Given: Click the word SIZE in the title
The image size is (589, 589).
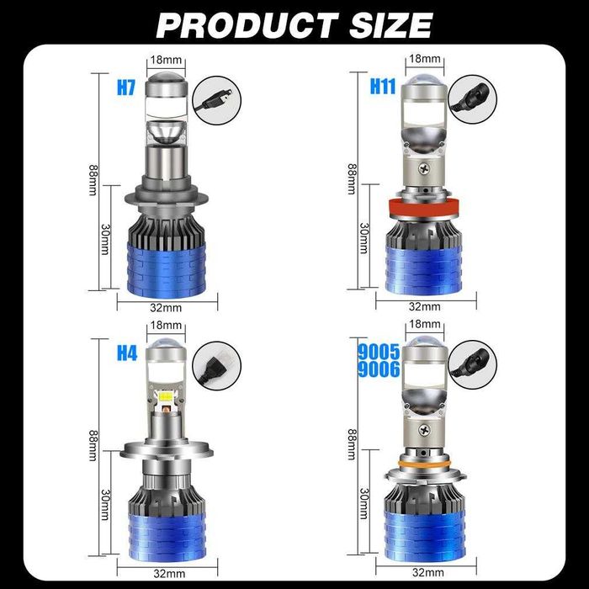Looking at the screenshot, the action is click(391, 25).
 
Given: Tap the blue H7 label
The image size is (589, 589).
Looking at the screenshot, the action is click(126, 88).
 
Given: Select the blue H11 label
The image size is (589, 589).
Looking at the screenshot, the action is click(383, 86).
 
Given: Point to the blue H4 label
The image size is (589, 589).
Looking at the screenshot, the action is click(127, 353).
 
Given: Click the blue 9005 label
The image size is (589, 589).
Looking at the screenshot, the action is click(379, 353).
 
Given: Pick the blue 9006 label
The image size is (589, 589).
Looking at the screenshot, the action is click(379, 369).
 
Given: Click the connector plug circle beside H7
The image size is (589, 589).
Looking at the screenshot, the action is click(216, 100).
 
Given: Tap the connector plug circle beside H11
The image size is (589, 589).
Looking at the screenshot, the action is click(473, 99).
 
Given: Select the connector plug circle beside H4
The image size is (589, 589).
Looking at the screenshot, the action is click(216, 365).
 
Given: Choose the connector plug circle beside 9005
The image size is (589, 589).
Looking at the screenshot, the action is click(473, 364).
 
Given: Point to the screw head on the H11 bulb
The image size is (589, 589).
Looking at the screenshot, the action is click(424, 168).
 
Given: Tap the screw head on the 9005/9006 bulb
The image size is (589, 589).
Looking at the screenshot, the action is click(424, 430).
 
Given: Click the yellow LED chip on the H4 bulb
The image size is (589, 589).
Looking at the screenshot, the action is click(165, 396).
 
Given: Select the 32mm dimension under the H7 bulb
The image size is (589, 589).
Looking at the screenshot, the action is click(166, 308).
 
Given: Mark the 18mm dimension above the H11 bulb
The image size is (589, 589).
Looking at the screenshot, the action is click(424, 59).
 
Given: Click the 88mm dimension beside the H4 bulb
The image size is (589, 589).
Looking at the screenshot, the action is click(93, 445).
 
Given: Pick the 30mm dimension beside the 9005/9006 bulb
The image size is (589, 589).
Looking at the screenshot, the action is click(363, 503).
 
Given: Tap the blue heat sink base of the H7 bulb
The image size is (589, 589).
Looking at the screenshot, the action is click(167, 270).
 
